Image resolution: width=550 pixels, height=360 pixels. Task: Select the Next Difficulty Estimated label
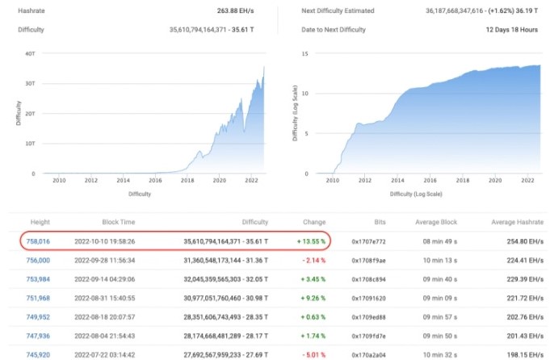(x=328, y=12)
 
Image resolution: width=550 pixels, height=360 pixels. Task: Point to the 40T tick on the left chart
(x=29, y=54)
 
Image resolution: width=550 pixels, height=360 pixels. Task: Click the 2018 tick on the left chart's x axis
(x=188, y=180)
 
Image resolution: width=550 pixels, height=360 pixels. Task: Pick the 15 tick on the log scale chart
(x=305, y=54)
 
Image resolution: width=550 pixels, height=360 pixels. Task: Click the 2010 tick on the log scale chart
(x=331, y=180)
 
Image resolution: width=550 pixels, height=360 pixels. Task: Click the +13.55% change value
(x=309, y=241)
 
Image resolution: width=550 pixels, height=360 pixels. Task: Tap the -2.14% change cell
(x=311, y=261)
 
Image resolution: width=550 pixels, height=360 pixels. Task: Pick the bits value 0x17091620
(x=370, y=298)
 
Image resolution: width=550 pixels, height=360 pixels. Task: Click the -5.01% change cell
(x=311, y=355)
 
